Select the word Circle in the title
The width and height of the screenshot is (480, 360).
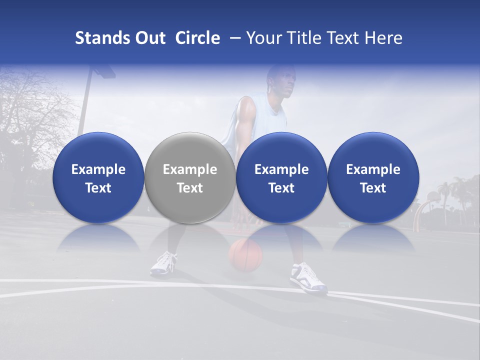tap(197, 38)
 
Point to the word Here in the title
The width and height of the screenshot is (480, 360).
tap(383, 38)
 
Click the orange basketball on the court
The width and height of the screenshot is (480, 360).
tap(245, 254)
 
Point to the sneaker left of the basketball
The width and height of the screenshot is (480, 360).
tap(164, 263)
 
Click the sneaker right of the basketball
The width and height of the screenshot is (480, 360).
tap(307, 277)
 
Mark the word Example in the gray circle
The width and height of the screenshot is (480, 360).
tap(190, 169)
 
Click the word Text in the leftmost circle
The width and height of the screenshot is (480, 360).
tap(98, 188)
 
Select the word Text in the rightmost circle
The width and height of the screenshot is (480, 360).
tap(373, 188)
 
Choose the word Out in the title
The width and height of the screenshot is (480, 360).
tap(149, 38)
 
